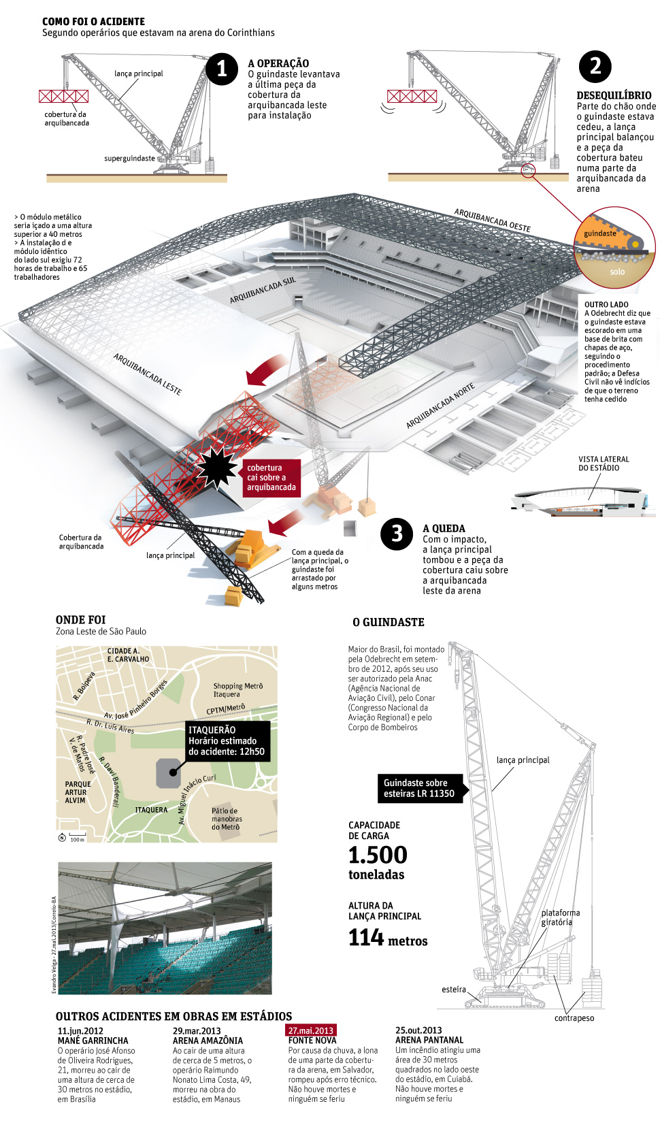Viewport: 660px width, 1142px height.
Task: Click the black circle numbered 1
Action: click(222, 69)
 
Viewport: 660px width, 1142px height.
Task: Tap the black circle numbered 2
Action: click(595, 66)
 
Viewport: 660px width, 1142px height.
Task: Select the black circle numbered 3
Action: click(397, 534)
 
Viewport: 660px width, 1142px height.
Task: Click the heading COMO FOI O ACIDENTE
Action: click(93, 22)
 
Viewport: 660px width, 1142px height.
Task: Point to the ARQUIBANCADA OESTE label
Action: click(492, 220)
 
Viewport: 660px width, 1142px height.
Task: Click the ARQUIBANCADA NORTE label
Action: click(440, 406)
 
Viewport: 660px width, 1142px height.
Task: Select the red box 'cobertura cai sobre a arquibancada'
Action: click(271, 477)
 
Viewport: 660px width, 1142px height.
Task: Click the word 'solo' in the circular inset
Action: click(617, 272)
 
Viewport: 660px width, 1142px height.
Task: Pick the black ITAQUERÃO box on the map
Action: click(227, 740)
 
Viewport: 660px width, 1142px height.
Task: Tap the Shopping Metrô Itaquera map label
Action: click(237, 690)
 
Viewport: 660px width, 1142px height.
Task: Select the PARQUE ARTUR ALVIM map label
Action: click(77, 792)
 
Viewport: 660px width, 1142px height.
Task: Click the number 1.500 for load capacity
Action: click(378, 855)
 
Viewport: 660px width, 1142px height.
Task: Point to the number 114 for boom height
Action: click(367, 938)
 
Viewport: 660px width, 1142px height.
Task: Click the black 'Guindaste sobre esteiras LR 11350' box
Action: click(419, 788)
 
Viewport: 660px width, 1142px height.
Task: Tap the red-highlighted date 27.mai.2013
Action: click(312, 1030)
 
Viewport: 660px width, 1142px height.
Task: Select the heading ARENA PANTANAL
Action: click(429, 1040)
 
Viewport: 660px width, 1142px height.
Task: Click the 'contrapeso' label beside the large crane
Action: click(574, 1018)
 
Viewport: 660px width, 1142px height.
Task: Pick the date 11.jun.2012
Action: click(80, 1030)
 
